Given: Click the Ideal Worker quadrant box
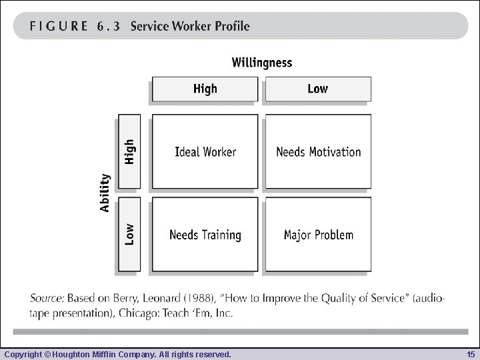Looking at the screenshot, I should coord(205,151).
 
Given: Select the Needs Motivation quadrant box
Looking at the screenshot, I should coord(318,151).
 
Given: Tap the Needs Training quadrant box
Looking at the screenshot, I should coord(205,234).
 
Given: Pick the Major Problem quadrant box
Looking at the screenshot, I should coord(318,234).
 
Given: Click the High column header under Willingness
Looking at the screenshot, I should coord(205,89).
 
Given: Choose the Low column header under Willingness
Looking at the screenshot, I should coord(318,89).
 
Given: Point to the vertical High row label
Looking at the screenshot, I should coord(129,151).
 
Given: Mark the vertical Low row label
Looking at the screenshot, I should coord(129,234).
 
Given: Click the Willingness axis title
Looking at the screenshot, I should coord(261,63).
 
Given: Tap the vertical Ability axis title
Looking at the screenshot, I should coord(105,193).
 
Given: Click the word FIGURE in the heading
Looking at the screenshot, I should coord(59,27).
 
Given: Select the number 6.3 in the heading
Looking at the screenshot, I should coord(108,27).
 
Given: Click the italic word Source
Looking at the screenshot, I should coord(47,299).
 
